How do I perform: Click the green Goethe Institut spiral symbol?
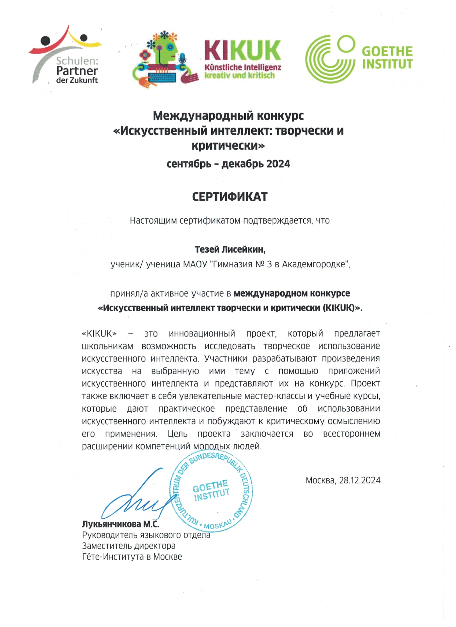tap(330, 59)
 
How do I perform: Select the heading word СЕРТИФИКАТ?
tap(230, 197)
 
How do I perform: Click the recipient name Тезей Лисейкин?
tap(230, 250)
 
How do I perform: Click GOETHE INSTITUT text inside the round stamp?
tap(211, 490)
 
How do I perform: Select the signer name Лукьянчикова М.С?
tap(120, 524)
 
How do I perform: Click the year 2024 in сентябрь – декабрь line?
tap(278, 164)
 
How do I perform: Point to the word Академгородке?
tap(315, 265)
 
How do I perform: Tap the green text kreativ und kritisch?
tap(240, 75)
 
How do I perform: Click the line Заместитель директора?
tap(128, 546)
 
